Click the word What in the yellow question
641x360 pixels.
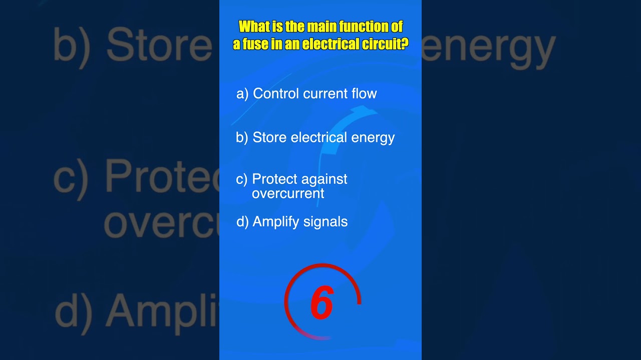[x=253, y=26]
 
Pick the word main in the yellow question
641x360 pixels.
[x=319, y=26]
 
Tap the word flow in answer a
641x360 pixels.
[x=364, y=93]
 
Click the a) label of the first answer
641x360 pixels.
[x=242, y=93]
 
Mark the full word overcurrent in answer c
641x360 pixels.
[x=288, y=193]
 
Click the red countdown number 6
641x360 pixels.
[x=322, y=303]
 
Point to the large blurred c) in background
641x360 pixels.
[x=71, y=178]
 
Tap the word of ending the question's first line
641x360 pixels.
[x=397, y=26]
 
